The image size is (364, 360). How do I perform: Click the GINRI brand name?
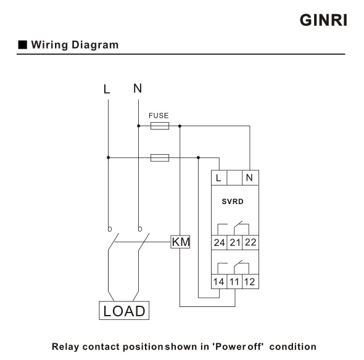point(323,20)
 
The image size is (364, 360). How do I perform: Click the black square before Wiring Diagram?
point(22,44)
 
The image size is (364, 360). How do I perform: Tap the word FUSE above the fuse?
point(159,115)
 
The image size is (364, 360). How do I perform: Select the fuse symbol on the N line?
point(160,126)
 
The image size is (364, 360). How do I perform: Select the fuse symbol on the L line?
point(160,158)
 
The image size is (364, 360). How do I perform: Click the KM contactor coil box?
point(180,242)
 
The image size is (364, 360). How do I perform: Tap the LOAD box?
point(124,310)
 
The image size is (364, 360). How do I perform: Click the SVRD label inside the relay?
point(233,202)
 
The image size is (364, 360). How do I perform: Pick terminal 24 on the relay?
point(219,242)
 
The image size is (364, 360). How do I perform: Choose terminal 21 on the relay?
point(234,242)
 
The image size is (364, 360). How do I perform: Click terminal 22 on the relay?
point(250,242)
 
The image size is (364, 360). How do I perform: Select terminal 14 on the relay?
point(219,282)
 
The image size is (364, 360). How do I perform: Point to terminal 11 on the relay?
point(234,282)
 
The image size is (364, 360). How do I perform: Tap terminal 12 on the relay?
point(250,282)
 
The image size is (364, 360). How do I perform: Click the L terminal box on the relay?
point(219,178)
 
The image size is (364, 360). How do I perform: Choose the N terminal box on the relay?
point(250,178)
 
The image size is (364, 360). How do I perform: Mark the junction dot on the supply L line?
point(108,158)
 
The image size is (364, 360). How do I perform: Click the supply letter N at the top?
point(138,88)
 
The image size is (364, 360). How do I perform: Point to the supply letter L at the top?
point(107,89)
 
